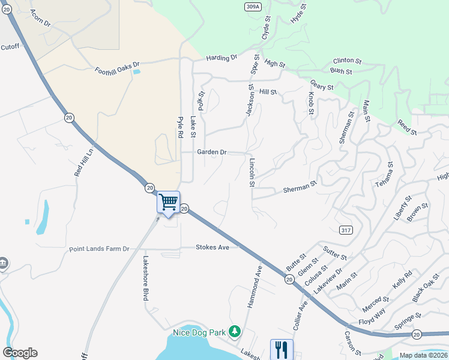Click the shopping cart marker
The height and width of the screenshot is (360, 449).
[x=169, y=202]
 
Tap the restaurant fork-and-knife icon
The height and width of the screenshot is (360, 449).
[x=282, y=349]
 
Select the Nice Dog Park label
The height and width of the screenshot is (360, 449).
[x=199, y=332]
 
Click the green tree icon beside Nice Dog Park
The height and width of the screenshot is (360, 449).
[x=235, y=331]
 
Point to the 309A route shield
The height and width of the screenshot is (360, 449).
[x=253, y=7]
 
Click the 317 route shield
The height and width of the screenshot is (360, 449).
[x=345, y=230]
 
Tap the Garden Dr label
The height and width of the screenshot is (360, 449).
[x=212, y=152]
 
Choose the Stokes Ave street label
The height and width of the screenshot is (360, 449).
[x=213, y=247]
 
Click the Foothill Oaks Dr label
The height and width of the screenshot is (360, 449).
[x=116, y=67]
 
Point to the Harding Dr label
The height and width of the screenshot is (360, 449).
[x=221, y=58]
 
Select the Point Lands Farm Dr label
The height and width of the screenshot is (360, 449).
[x=99, y=249]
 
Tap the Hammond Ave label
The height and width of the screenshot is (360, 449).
[x=255, y=287]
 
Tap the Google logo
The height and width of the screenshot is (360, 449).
[x=20, y=353]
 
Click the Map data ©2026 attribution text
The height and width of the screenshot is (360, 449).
[x=423, y=355]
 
